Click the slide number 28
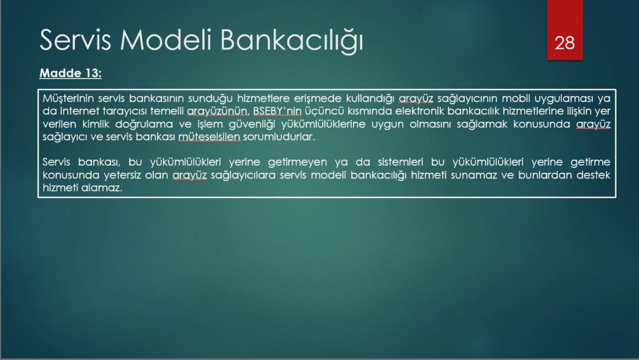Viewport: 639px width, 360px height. click(564, 43)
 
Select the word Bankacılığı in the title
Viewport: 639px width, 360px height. click(291, 41)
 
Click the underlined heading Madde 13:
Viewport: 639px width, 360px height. click(71, 73)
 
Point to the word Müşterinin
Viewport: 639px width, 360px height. click(69, 99)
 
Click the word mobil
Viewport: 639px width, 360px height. click(515, 99)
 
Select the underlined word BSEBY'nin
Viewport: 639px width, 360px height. click(277, 111)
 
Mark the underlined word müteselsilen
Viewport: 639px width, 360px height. click(210, 137)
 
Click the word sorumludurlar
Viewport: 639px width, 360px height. click(279, 137)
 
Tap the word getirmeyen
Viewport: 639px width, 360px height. click(297, 162)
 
